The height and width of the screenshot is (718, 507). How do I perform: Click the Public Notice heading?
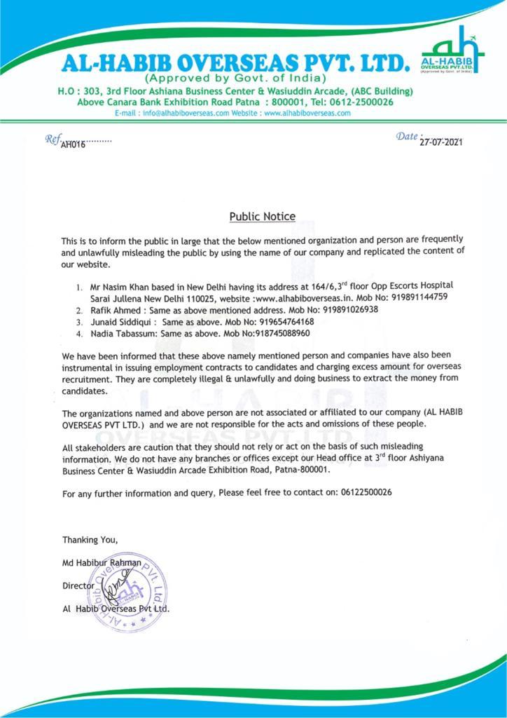pos(263,217)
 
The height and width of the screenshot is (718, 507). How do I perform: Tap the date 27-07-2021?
pos(441,142)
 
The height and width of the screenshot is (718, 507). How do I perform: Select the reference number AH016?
pos(73,144)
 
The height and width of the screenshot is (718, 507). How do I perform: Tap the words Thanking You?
pos(90,539)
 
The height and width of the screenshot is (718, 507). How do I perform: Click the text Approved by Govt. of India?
pos(235,77)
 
